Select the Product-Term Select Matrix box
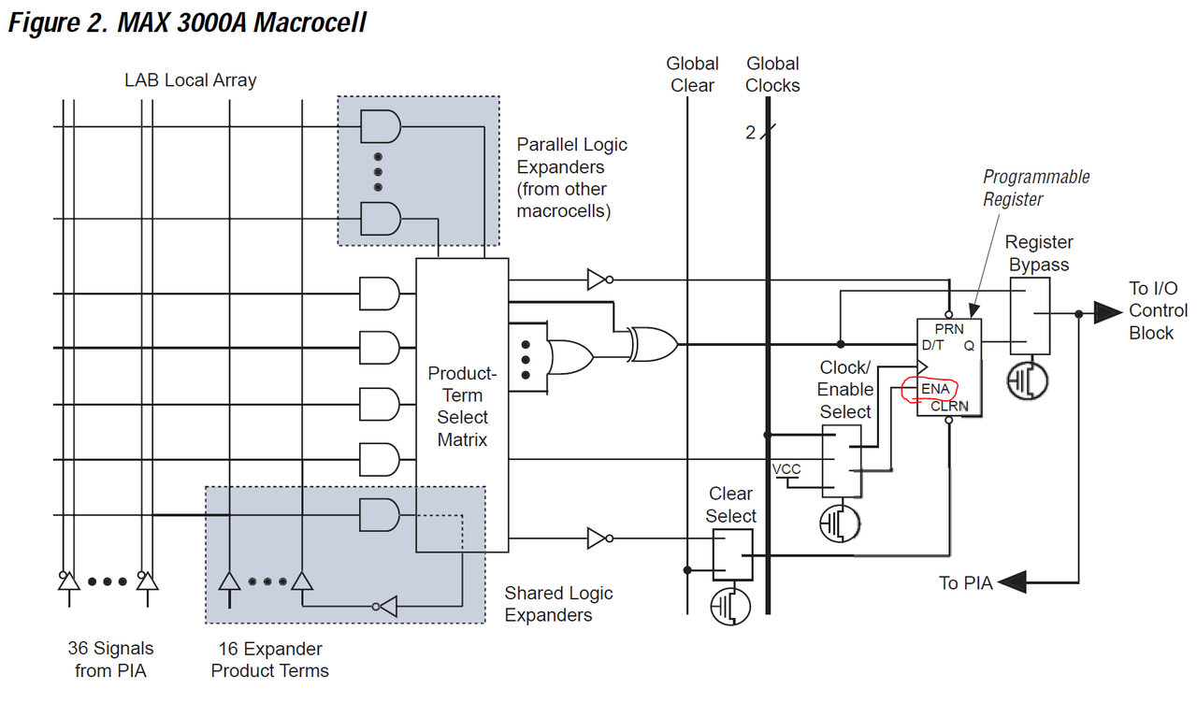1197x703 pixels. tap(462, 405)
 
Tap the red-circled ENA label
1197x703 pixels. tap(934, 389)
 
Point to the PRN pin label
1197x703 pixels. tap(948, 330)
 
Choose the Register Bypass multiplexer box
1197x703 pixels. tap(1030, 316)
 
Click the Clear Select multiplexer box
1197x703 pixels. tap(732, 554)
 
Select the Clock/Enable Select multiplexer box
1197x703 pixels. tap(842, 460)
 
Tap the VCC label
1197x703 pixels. tap(786, 468)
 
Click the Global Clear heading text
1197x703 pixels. tap(692, 75)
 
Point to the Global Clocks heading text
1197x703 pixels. tap(772, 75)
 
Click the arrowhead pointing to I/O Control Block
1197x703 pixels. tap(1107, 312)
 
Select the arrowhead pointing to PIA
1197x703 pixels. tap(1012, 582)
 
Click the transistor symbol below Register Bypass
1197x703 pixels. tap(1028, 380)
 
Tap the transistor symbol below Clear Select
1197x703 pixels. tap(730, 606)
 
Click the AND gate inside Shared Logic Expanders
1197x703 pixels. tap(380, 513)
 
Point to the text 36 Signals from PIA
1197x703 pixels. tap(110, 659)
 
